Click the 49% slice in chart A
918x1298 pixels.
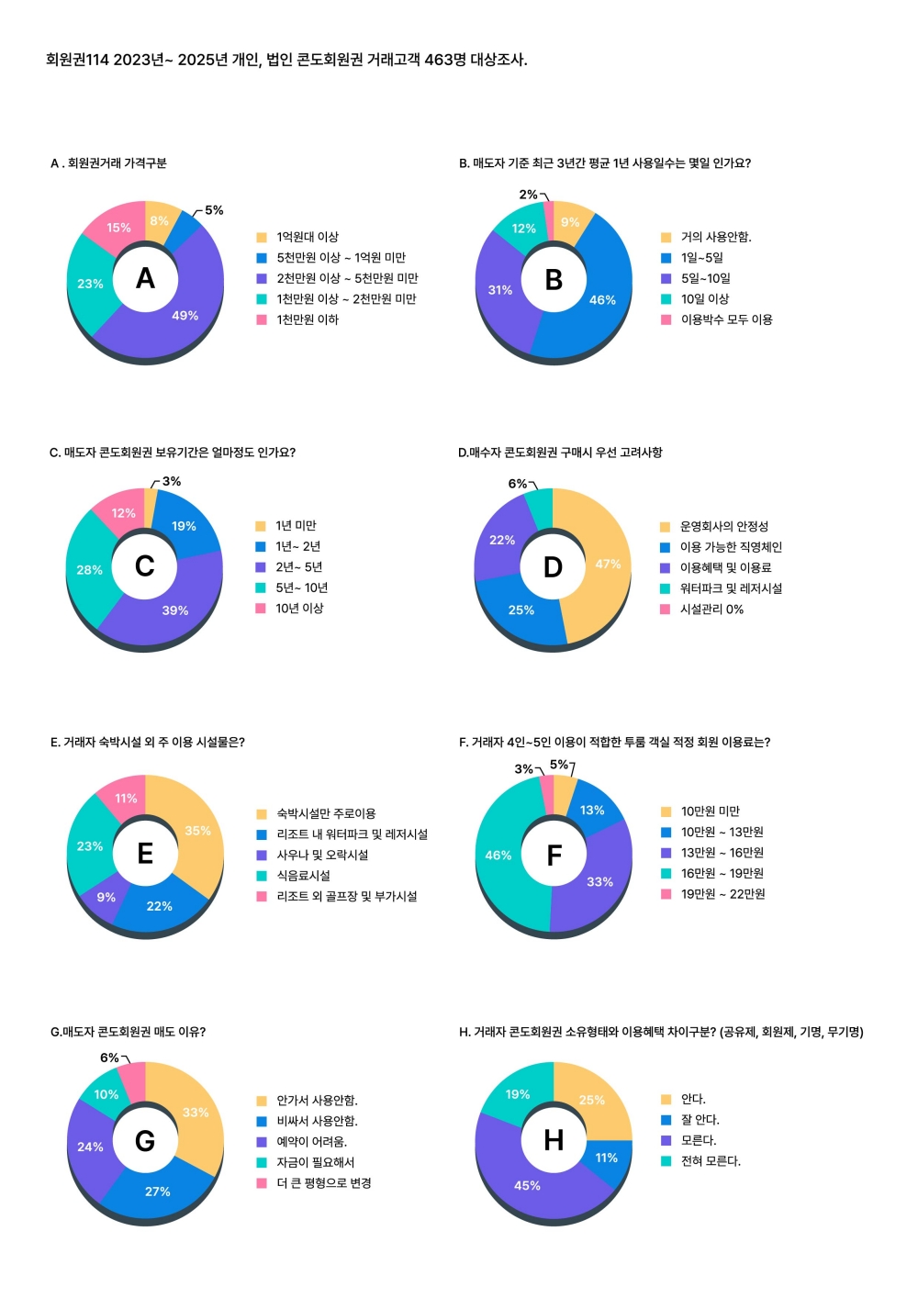pos(184,315)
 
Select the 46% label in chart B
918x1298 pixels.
pos(602,300)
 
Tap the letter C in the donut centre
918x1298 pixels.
pos(145,566)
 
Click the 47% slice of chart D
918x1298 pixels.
pos(607,564)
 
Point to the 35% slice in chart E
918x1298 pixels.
pos(197,831)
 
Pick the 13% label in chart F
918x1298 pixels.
pos(592,810)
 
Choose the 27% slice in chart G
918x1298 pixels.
pos(157,1192)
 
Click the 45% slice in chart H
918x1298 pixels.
pos(527,1185)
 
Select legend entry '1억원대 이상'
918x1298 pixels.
pos(308,237)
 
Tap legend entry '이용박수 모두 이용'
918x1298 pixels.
pos(726,319)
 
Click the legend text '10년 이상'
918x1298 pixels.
pos(299,609)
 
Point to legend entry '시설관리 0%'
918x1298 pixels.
pos(711,610)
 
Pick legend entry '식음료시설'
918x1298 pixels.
pos(303,876)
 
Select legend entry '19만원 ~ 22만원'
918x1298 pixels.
pos(722,894)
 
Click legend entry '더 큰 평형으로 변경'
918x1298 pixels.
pos(324,1183)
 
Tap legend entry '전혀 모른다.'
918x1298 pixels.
pos(711,1161)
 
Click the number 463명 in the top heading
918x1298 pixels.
pos(445,60)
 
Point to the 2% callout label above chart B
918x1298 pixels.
pos(528,195)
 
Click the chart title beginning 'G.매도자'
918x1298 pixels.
pos(128,1032)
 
